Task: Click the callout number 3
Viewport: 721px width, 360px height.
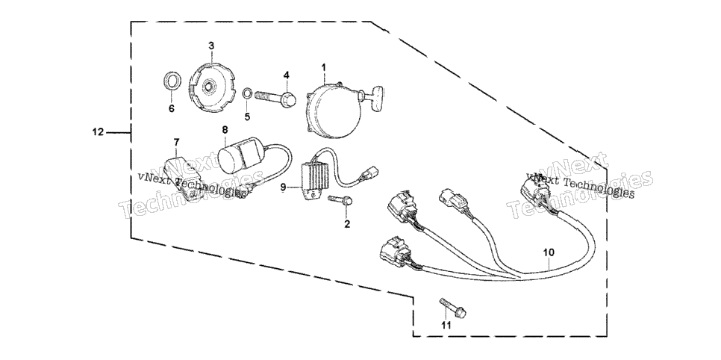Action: tap(211, 46)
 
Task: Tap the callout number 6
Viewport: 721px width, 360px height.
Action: tap(172, 109)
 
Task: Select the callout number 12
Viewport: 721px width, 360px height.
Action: tap(98, 133)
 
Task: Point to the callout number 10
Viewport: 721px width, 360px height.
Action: tap(549, 252)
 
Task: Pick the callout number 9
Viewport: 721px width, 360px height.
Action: tap(284, 187)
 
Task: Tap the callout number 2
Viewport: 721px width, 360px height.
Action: tap(347, 224)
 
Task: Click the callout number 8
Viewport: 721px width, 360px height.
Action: tap(225, 130)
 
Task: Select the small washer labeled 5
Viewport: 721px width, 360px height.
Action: tap(247, 93)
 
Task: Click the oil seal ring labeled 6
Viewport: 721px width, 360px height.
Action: tap(172, 82)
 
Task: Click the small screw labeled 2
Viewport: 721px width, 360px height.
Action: tap(340, 200)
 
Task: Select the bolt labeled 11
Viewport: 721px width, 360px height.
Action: tap(453, 308)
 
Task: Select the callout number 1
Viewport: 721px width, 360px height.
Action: tap(323, 68)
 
